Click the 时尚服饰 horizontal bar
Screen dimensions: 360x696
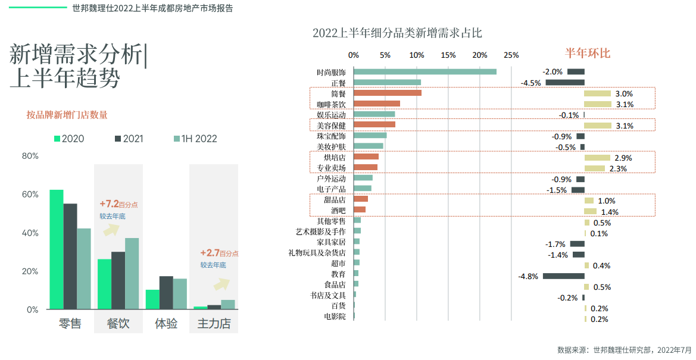coord(425,72)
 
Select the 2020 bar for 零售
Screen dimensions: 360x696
coord(57,249)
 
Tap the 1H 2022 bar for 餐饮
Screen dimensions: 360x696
coord(132,273)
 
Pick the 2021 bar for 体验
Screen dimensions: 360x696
coord(166,292)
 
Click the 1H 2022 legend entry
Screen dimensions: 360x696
coord(195,139)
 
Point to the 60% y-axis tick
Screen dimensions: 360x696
coord(30,195)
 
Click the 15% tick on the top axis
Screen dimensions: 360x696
coord(448,55)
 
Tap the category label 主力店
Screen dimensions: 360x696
coord(214,324)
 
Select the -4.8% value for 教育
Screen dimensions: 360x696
coord(528,276)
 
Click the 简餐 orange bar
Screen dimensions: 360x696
coord(388,93)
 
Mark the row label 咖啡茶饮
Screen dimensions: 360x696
coord(331,104)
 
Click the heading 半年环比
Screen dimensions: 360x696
coord(588,53)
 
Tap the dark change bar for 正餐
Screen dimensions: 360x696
coord(565,83)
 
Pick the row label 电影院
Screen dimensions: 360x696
coord(335,316)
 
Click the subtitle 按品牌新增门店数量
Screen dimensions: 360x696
coord(67,115)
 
